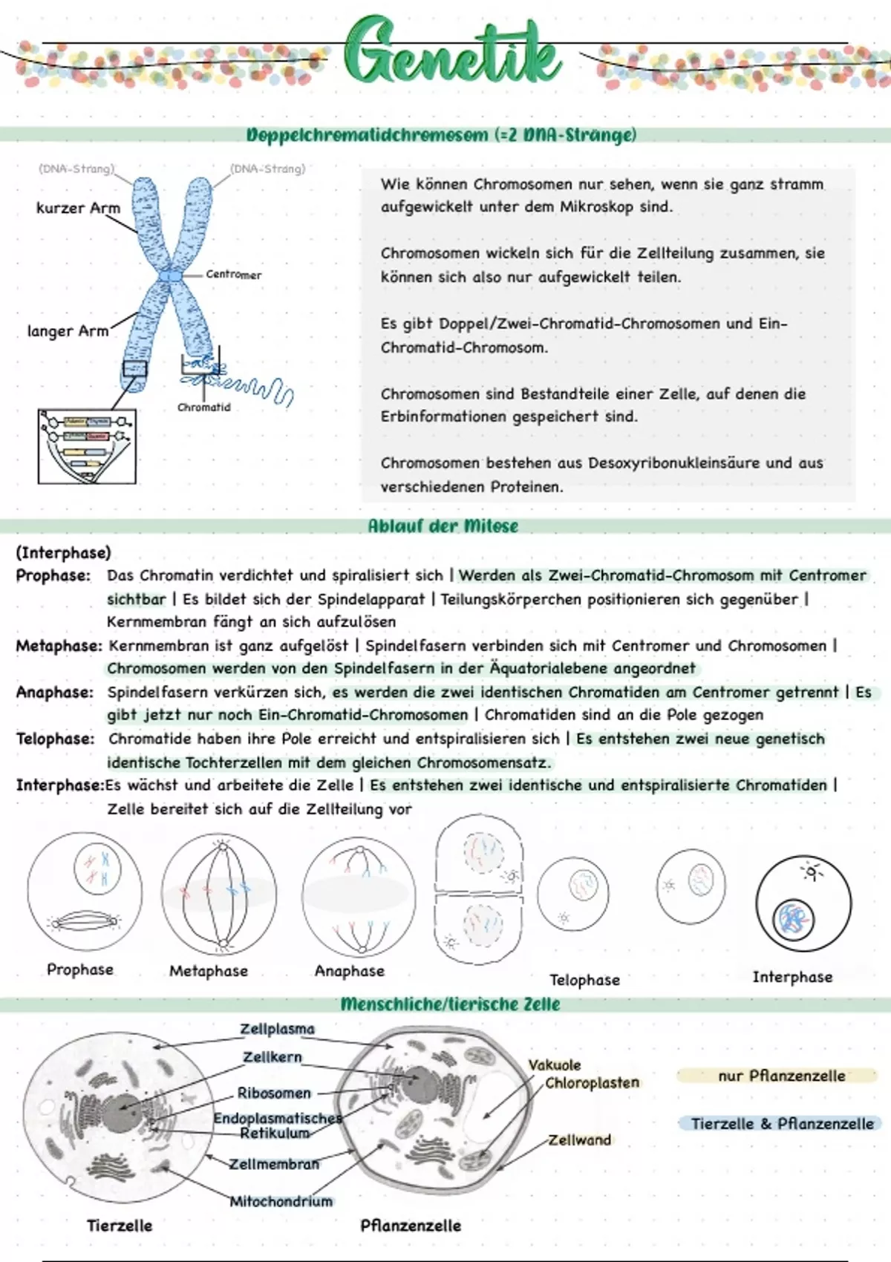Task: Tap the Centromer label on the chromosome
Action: (x=233, y=275)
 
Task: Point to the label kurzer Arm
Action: (x=78, y=209)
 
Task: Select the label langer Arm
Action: (x=68, y=331)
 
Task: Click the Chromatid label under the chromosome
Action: (x=204, y=408)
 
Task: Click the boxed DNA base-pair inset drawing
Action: (x=87, y=446)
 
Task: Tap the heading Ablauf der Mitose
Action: (x=443, y=526)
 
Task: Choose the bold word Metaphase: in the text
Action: (x=59, y=646)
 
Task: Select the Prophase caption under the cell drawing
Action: (x=80, y=970)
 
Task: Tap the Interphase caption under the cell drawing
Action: (x=792, y=977)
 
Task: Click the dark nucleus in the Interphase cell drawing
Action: (x=793, y=920)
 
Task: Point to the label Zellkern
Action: (x=272, y=1056)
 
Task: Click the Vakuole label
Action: (x=555, y=1065)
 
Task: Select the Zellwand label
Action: (x=580, y=1140)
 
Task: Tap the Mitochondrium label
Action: (x=281, y=1201)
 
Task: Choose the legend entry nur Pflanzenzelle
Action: (x=781, y=1076)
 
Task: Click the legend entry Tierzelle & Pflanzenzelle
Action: (x=782, y=1124)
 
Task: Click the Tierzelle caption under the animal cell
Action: (x=120, y=1226)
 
